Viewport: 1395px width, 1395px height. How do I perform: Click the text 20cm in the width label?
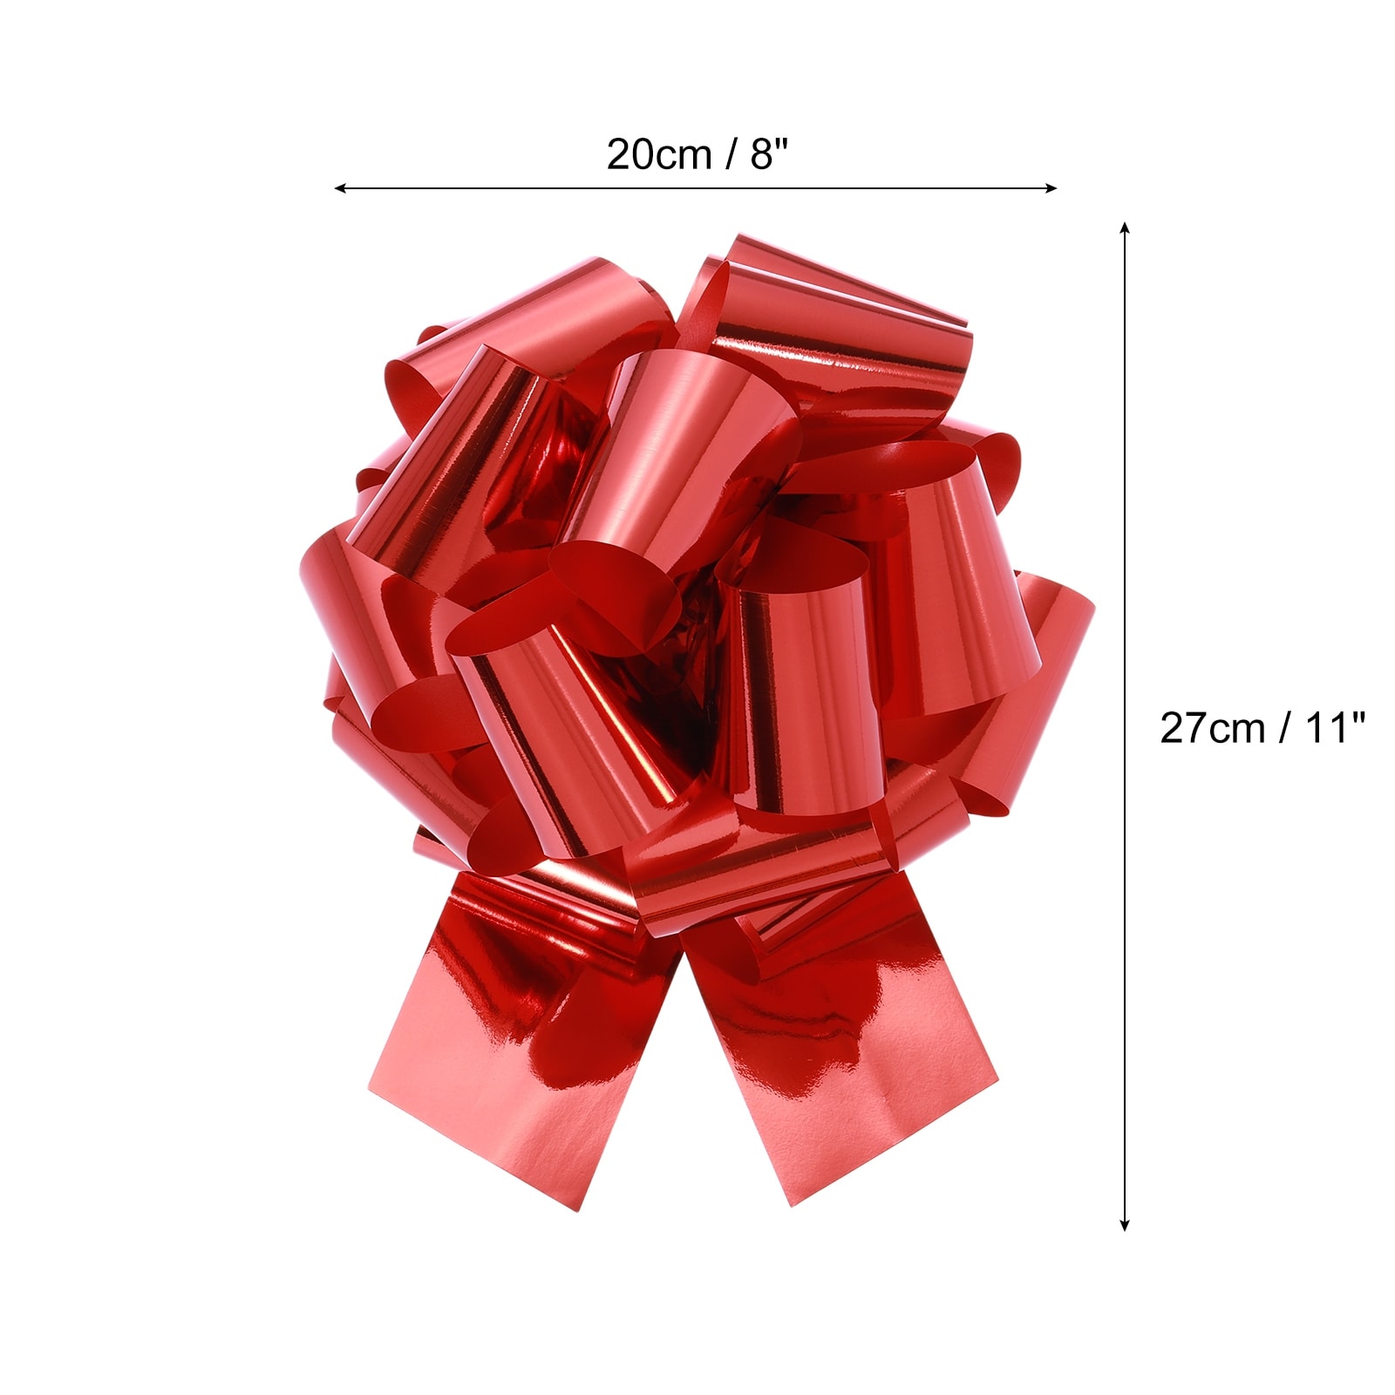[659, 155]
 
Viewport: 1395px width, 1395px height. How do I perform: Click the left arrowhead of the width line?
[340, 187]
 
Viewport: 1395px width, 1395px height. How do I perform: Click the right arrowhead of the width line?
[1051, 187]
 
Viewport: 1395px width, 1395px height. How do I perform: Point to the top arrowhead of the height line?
[1125, 228]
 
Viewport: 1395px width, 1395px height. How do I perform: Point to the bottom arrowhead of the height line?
[1125, 1225]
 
